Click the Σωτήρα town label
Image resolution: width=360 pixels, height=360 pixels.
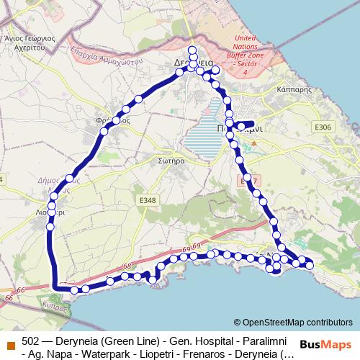(174, 163)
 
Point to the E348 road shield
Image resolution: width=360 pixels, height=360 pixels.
(148, 199)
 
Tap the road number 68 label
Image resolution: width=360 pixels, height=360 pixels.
(127, 267)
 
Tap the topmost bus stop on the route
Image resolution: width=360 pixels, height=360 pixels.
(192, 50)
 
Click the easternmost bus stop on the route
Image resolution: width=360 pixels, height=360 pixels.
(310, 266)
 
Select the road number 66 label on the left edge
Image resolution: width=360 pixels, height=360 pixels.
(9, 296)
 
